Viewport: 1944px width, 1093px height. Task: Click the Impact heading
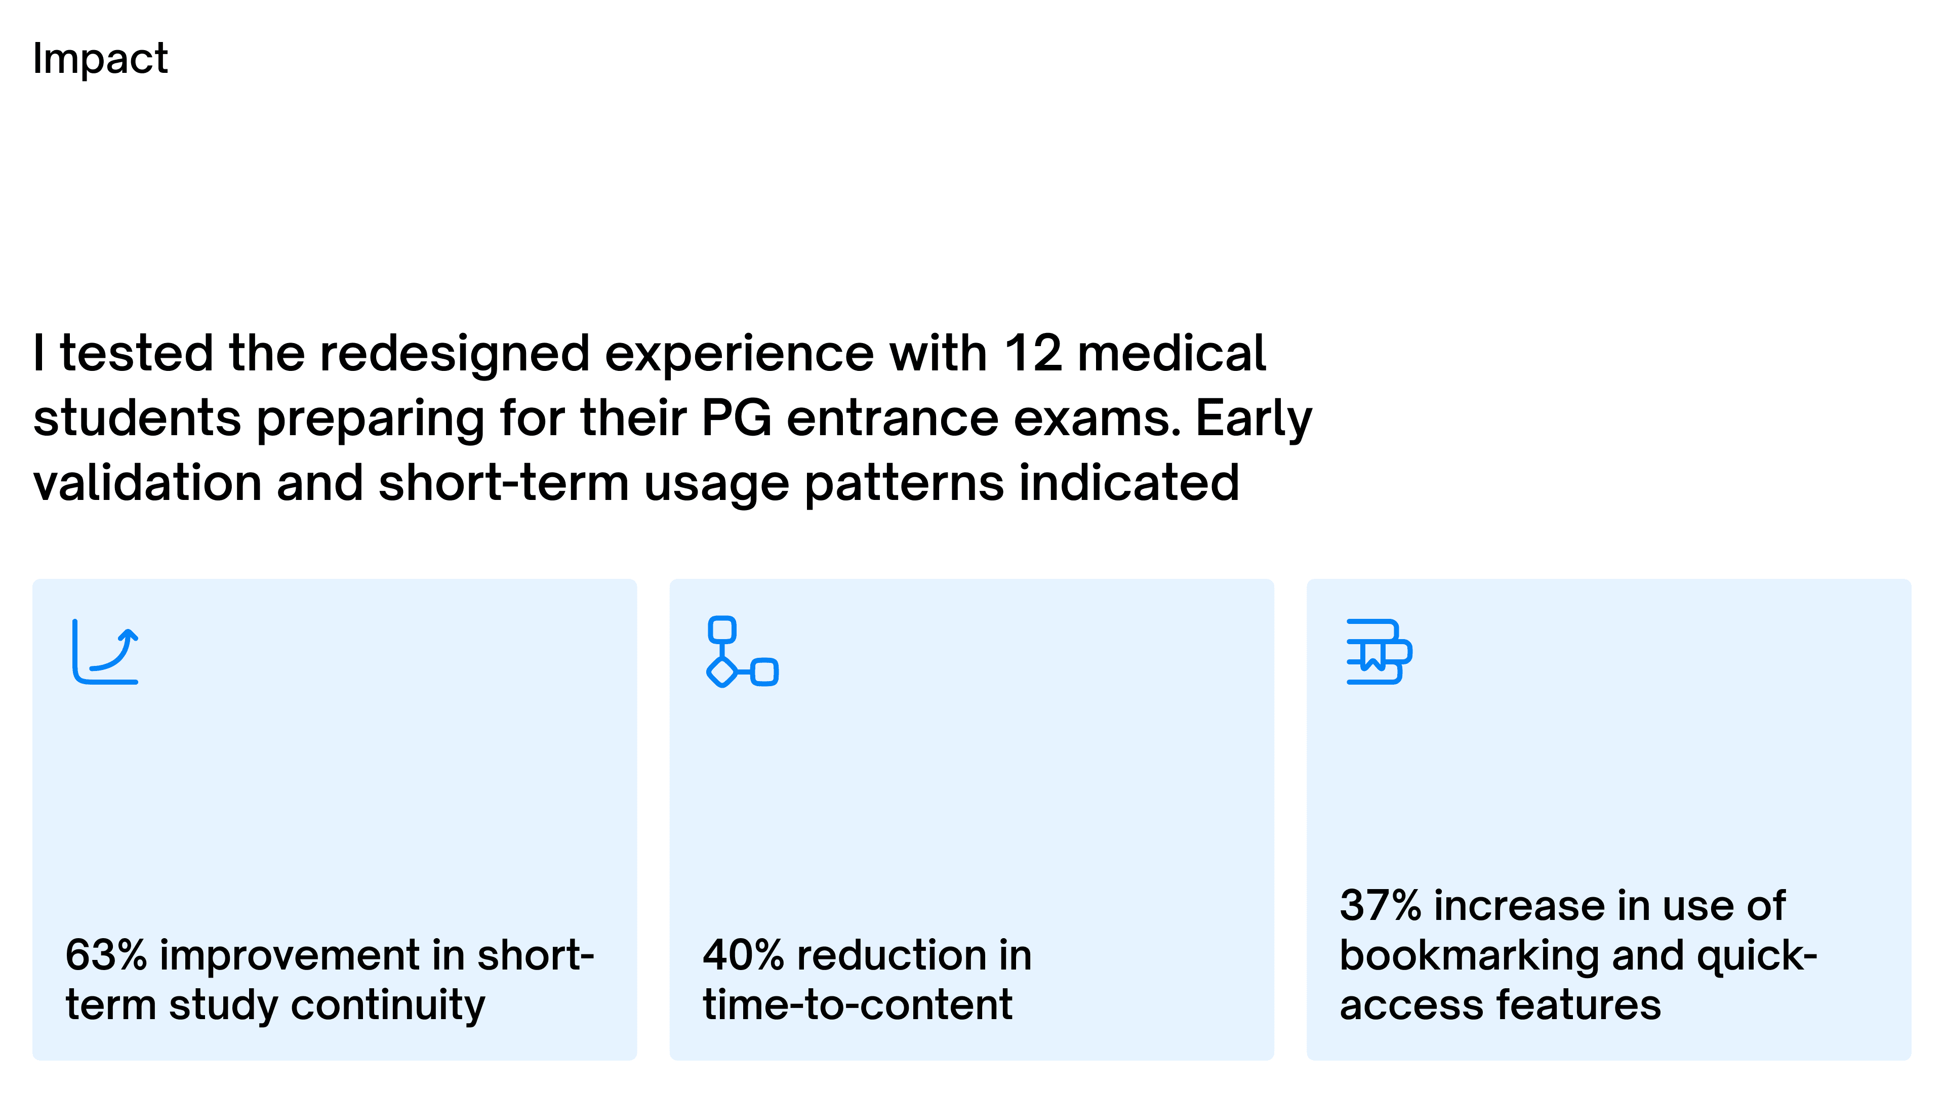pos(100,59)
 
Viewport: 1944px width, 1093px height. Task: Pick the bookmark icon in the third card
pos(1379,652)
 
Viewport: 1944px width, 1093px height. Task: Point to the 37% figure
pos(1380,905)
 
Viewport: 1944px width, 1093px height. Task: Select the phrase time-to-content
pos(857,1005)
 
